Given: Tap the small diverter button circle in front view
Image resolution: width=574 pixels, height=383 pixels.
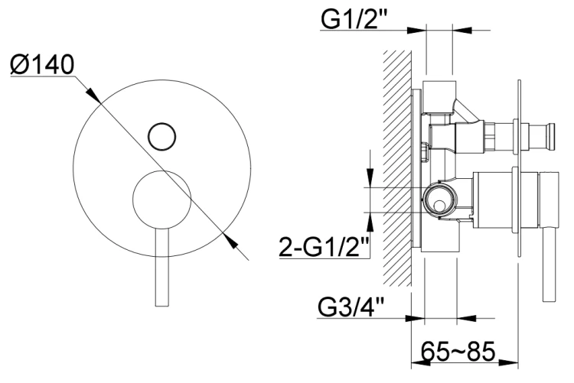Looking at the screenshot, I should click(x=162, y=136).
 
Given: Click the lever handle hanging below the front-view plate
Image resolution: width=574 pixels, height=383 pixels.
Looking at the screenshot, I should click(x=161, y=268).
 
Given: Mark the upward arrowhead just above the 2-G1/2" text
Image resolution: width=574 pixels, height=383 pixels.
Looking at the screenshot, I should click(x=370, y=219).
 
